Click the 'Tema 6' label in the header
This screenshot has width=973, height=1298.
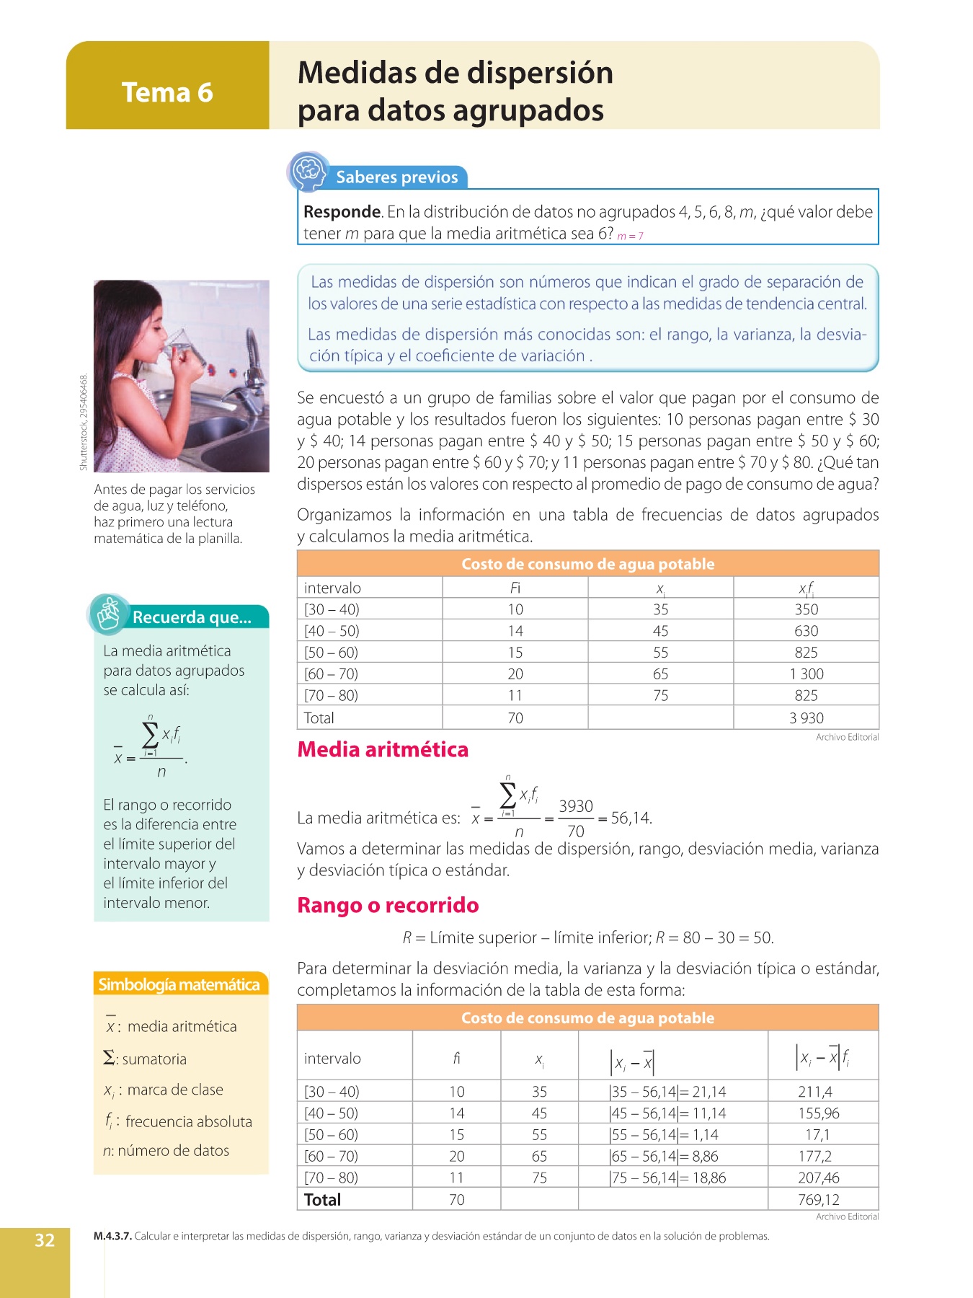167,92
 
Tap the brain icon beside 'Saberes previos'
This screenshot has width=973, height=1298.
309,172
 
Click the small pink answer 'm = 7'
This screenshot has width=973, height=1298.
630,236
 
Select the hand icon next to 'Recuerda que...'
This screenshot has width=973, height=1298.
110,614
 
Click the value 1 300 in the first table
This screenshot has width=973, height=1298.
806,674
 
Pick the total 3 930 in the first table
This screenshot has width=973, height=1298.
806,718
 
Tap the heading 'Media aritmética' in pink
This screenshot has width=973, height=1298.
383,749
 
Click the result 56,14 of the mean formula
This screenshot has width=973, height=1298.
631,818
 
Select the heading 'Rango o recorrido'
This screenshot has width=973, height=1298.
388,905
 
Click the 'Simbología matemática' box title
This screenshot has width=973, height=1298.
179,984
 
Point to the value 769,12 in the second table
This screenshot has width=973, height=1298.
819,1199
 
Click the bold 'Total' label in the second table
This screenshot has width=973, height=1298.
322,1199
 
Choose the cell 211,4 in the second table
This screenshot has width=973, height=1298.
815,1092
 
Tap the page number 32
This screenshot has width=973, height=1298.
45,1240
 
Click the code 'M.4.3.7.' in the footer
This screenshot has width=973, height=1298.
112,1236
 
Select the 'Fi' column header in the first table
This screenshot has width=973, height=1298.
515,588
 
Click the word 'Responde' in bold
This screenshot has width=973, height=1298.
342,212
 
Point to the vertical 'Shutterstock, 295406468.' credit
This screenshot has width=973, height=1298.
84,423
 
